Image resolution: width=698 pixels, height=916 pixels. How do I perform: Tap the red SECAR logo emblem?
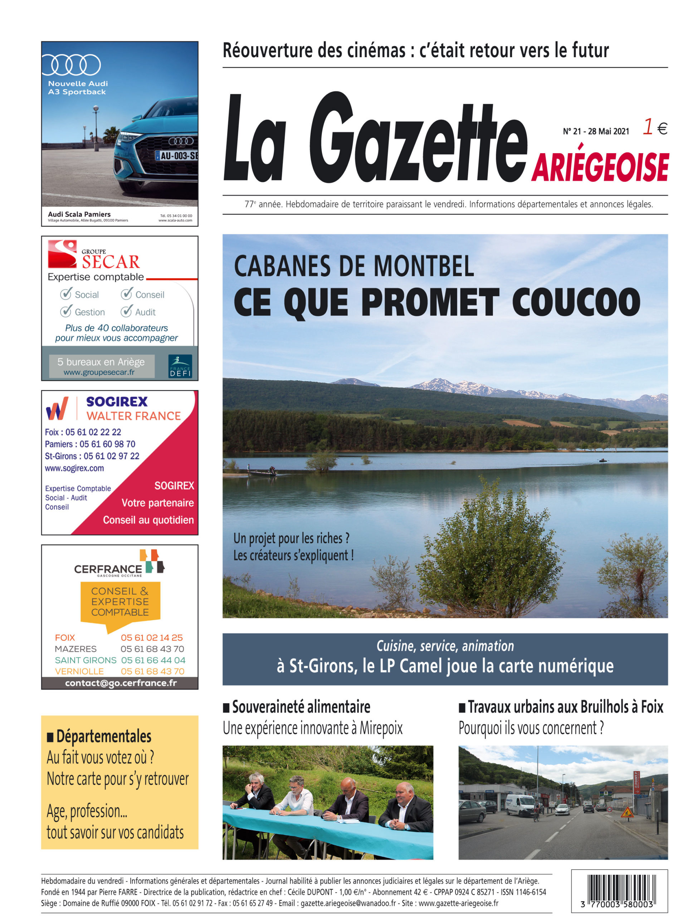tap(62, 253)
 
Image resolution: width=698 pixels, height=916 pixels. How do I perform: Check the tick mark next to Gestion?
tap(65, 311)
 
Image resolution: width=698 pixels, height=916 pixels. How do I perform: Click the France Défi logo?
tap(180, 366)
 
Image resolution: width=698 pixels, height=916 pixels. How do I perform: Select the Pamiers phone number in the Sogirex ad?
tap(107, 444)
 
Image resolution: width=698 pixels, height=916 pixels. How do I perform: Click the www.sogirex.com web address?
tap(74, 468)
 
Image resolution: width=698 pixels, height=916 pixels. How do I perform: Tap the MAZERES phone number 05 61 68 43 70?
tap(152, 649)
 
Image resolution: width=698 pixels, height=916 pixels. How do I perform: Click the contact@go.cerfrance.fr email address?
tap(121, 683)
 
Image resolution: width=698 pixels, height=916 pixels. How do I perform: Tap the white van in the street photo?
tap(519, 805)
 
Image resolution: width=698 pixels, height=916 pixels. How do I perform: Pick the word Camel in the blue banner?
tap(421, 666)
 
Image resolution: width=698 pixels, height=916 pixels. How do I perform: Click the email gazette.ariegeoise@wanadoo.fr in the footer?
tap(348, 903)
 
